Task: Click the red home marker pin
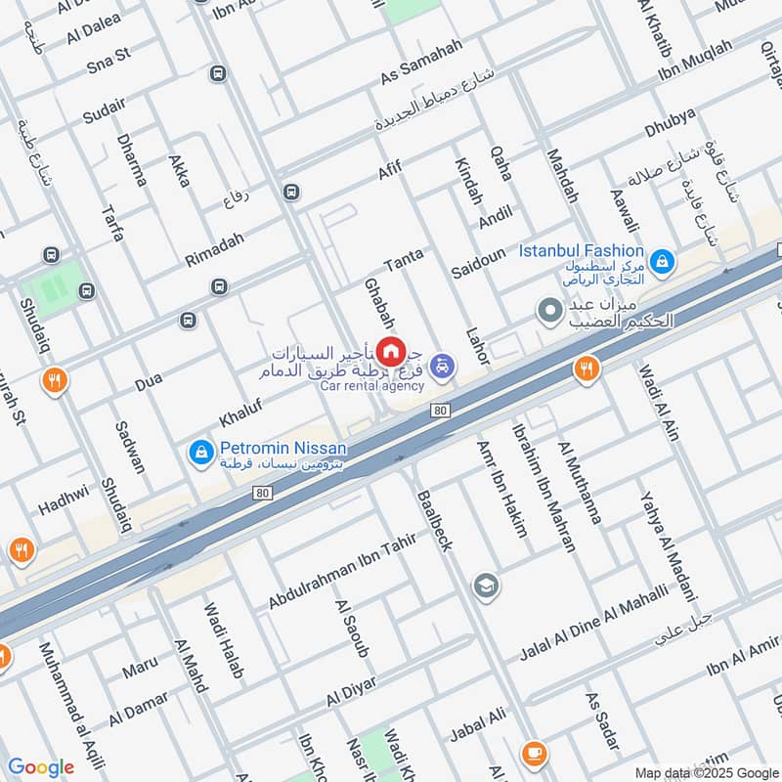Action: (x=391, y=350)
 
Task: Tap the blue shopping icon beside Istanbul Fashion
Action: (x=663, y=260)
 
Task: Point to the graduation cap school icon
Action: (x=484, y=586)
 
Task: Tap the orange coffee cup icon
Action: (x=533, y=752)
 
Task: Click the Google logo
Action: (x=41, y=767)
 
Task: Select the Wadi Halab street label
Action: (x=223, y=641)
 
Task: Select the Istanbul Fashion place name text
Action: (x=581, y=251)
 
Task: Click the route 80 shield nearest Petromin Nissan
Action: (x=261, y=493)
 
